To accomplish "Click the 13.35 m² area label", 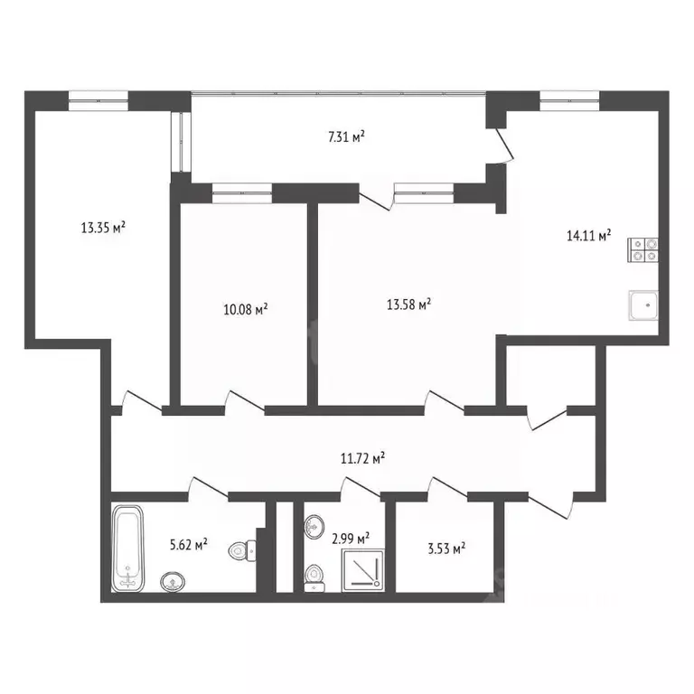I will tap(103, 228).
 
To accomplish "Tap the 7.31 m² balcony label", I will tap(346, 137).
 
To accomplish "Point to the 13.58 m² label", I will tap(408, 304).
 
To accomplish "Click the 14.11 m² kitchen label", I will tap(588, 236).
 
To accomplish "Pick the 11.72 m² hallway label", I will tap(363, 458).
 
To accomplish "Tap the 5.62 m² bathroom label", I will tap(189, 544).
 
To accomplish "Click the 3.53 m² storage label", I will tap(446, 547).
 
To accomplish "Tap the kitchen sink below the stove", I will tap(644, 306).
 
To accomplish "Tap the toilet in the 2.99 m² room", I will tap(314, 574).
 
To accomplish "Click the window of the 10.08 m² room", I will tap(241, 190).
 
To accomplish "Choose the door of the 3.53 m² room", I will tap(446, 487).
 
